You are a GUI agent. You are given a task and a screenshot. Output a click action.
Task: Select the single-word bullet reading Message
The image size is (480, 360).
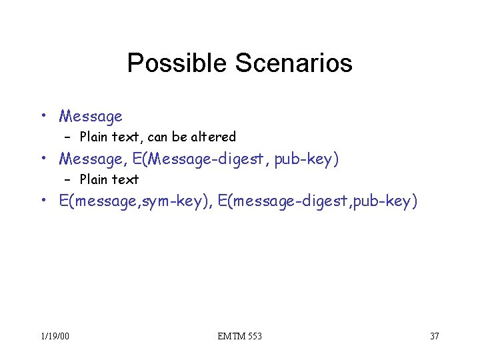(91, 117)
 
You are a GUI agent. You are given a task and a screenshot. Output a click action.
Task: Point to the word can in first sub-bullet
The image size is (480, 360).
(157, 137)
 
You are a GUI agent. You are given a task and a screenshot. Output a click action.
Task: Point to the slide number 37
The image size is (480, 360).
(434, 336)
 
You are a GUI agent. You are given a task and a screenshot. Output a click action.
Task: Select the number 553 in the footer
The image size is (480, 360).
(254, 336)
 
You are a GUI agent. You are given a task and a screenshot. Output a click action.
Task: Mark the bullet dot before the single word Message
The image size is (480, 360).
(43, 115)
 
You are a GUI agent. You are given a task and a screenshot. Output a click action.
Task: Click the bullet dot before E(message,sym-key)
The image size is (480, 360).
(43, 200)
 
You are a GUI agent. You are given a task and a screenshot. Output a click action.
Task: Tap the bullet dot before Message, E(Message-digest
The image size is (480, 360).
(43, 158)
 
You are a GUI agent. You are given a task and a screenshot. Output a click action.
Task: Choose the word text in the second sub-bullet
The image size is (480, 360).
(127, 179)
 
